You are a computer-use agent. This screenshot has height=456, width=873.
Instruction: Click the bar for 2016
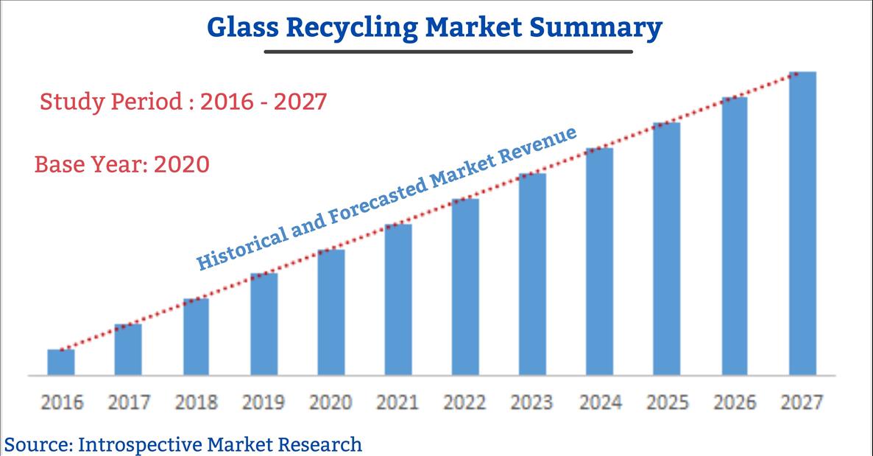(x=60, y=362)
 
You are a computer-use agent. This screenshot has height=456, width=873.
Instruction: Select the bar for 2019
(x=264, y=324)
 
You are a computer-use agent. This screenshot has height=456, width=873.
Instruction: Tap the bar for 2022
(x=465, y=287)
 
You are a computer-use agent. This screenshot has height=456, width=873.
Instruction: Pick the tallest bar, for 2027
(x=803, y=223)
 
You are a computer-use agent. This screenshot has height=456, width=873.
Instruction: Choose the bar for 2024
(x=600, y=262)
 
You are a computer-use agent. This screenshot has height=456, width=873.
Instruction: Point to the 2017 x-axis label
(x=129, y=402)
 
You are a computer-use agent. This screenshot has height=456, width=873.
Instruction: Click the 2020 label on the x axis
(x=331, y=402)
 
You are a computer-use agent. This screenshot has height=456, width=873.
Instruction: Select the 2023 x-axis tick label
(x=531, y=402)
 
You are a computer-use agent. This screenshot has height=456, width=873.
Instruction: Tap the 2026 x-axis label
(x=735, y=402)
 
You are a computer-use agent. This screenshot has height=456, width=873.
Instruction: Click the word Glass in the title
(x=243, y=27)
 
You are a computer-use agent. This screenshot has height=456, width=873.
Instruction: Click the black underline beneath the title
(x=448, y=52)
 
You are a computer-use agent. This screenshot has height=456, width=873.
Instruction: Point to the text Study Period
(x=111, y=102)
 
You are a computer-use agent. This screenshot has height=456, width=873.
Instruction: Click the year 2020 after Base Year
(x=182, y=164)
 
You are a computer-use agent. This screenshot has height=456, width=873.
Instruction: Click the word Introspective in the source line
(x=141, y=445)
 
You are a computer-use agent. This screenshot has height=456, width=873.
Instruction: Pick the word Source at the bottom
(x=38, y=445)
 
